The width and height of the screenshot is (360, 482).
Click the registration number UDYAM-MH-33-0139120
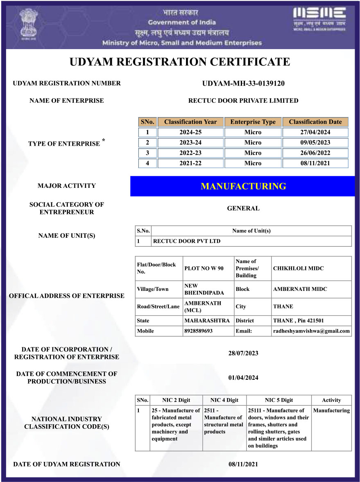pyautogui.click(x=243, y=83)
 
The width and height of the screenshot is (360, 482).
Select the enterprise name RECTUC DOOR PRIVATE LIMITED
pyautogui.click(x=243, y=101)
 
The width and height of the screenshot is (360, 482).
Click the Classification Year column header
pyautogui.click(x=190, y=122)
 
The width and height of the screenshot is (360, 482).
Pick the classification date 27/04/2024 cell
pyautogui.click(x=315, y=132)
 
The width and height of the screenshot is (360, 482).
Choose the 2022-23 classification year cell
pyautogui.click(x=190, y=153)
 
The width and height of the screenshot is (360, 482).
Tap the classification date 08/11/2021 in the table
pyautogui.click(x=315, y=163)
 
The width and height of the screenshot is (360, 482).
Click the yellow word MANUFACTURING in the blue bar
pyautogui.click(x=243, y=186)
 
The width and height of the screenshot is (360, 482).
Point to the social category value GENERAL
pyautogui.click(x=243, y=208)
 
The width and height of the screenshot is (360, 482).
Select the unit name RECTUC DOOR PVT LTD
pyautogui.click(x=186, y=241)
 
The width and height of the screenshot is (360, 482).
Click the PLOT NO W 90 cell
pyautogui.click(x=204, y=268)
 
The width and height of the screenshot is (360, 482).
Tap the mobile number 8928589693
pyautogui.click(x=199, y=331)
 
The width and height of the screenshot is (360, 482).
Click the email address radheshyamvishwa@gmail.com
pyautogui.click(x=311, y=331)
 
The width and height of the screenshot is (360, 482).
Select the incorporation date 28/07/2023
pyautogui.click(x=243, y=353)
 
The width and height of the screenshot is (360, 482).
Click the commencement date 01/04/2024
pyautogui.click(x=243, y=378)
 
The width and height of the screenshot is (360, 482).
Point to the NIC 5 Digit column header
pyautogui.click(x=279, y=400)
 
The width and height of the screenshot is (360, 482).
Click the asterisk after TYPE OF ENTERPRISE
pyautogui.click(x=104, y=140)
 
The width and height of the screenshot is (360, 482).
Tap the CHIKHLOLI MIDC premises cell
pyautogui.click(x=298, y=268)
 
